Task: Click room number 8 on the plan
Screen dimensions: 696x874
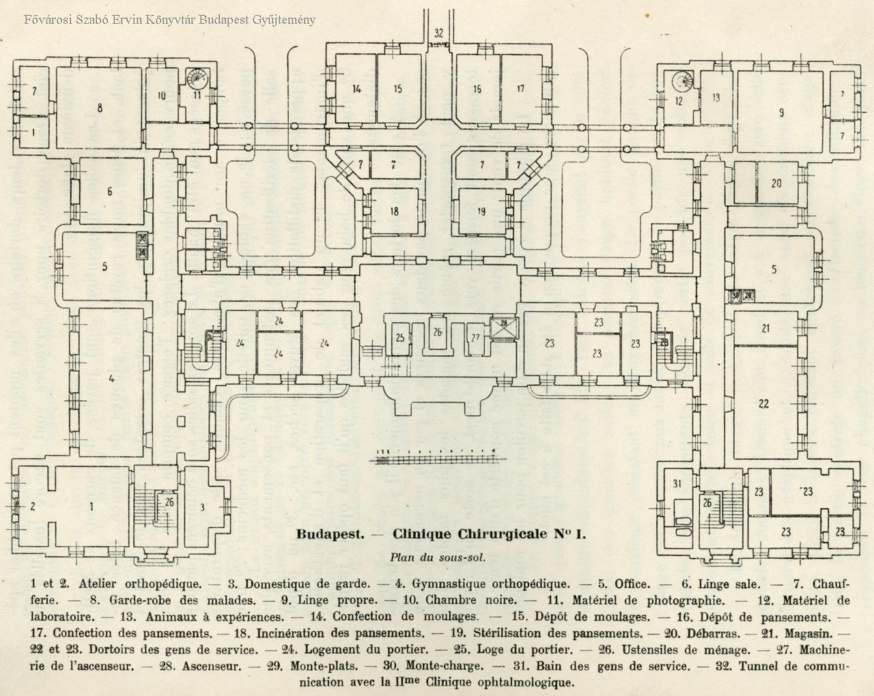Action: tap(100, 107)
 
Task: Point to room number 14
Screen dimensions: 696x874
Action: tap(356, 89)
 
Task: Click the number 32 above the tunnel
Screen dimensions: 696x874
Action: tap(438, 32)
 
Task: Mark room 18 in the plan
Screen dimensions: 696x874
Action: tap(394, 211)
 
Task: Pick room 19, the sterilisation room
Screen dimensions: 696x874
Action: tap(481, 211)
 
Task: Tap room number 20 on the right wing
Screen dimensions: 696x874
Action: tap(776, 183)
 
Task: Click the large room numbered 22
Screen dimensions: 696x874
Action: tap(763, 403)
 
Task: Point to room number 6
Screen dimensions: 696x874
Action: tap(109, 192)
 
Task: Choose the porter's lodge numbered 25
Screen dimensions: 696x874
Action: tap(400, 337)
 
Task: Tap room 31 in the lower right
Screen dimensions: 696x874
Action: tap(677, 484)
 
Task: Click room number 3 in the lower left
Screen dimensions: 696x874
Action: tap(202, 506)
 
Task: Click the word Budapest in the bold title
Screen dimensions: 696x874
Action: tap(328, 534)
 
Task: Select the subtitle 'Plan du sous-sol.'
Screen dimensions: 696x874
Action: tap(437, 557)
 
